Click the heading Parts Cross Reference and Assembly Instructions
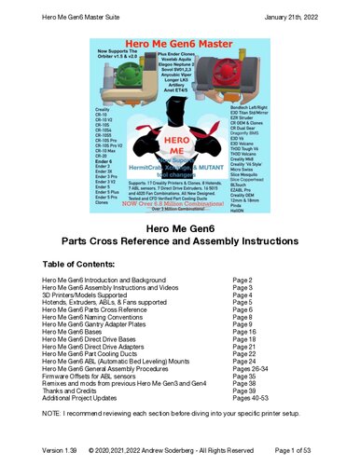(x=179, y=246)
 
